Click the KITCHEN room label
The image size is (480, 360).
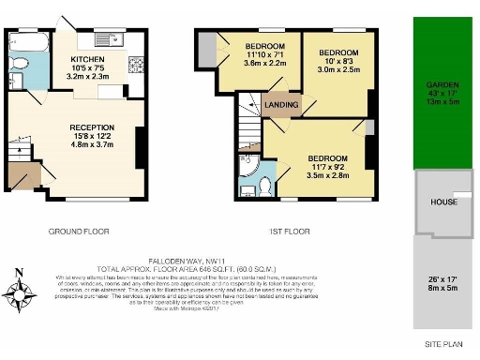click(94, 59)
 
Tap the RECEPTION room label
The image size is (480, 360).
click(92, 127)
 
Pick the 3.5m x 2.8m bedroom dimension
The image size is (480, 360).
click(327, 174)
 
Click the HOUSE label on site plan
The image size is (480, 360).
click(443, 202)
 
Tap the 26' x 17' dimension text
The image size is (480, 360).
click(443, 280)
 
